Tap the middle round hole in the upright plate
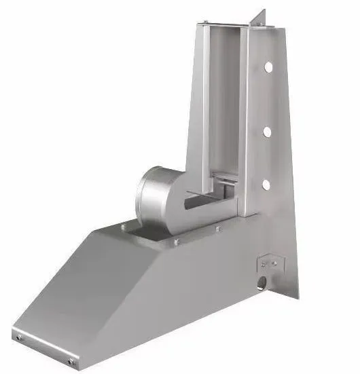pos(267,131)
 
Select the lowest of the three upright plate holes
pos(266,184)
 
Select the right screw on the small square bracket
pos(274,262)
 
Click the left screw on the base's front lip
pos(18,337)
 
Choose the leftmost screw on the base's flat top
pos(123,227)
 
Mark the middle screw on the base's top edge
pos(176,241)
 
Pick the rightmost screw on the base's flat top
pos(218,228)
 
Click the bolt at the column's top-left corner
pos(201,26)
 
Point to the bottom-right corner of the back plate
pos(297,298)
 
